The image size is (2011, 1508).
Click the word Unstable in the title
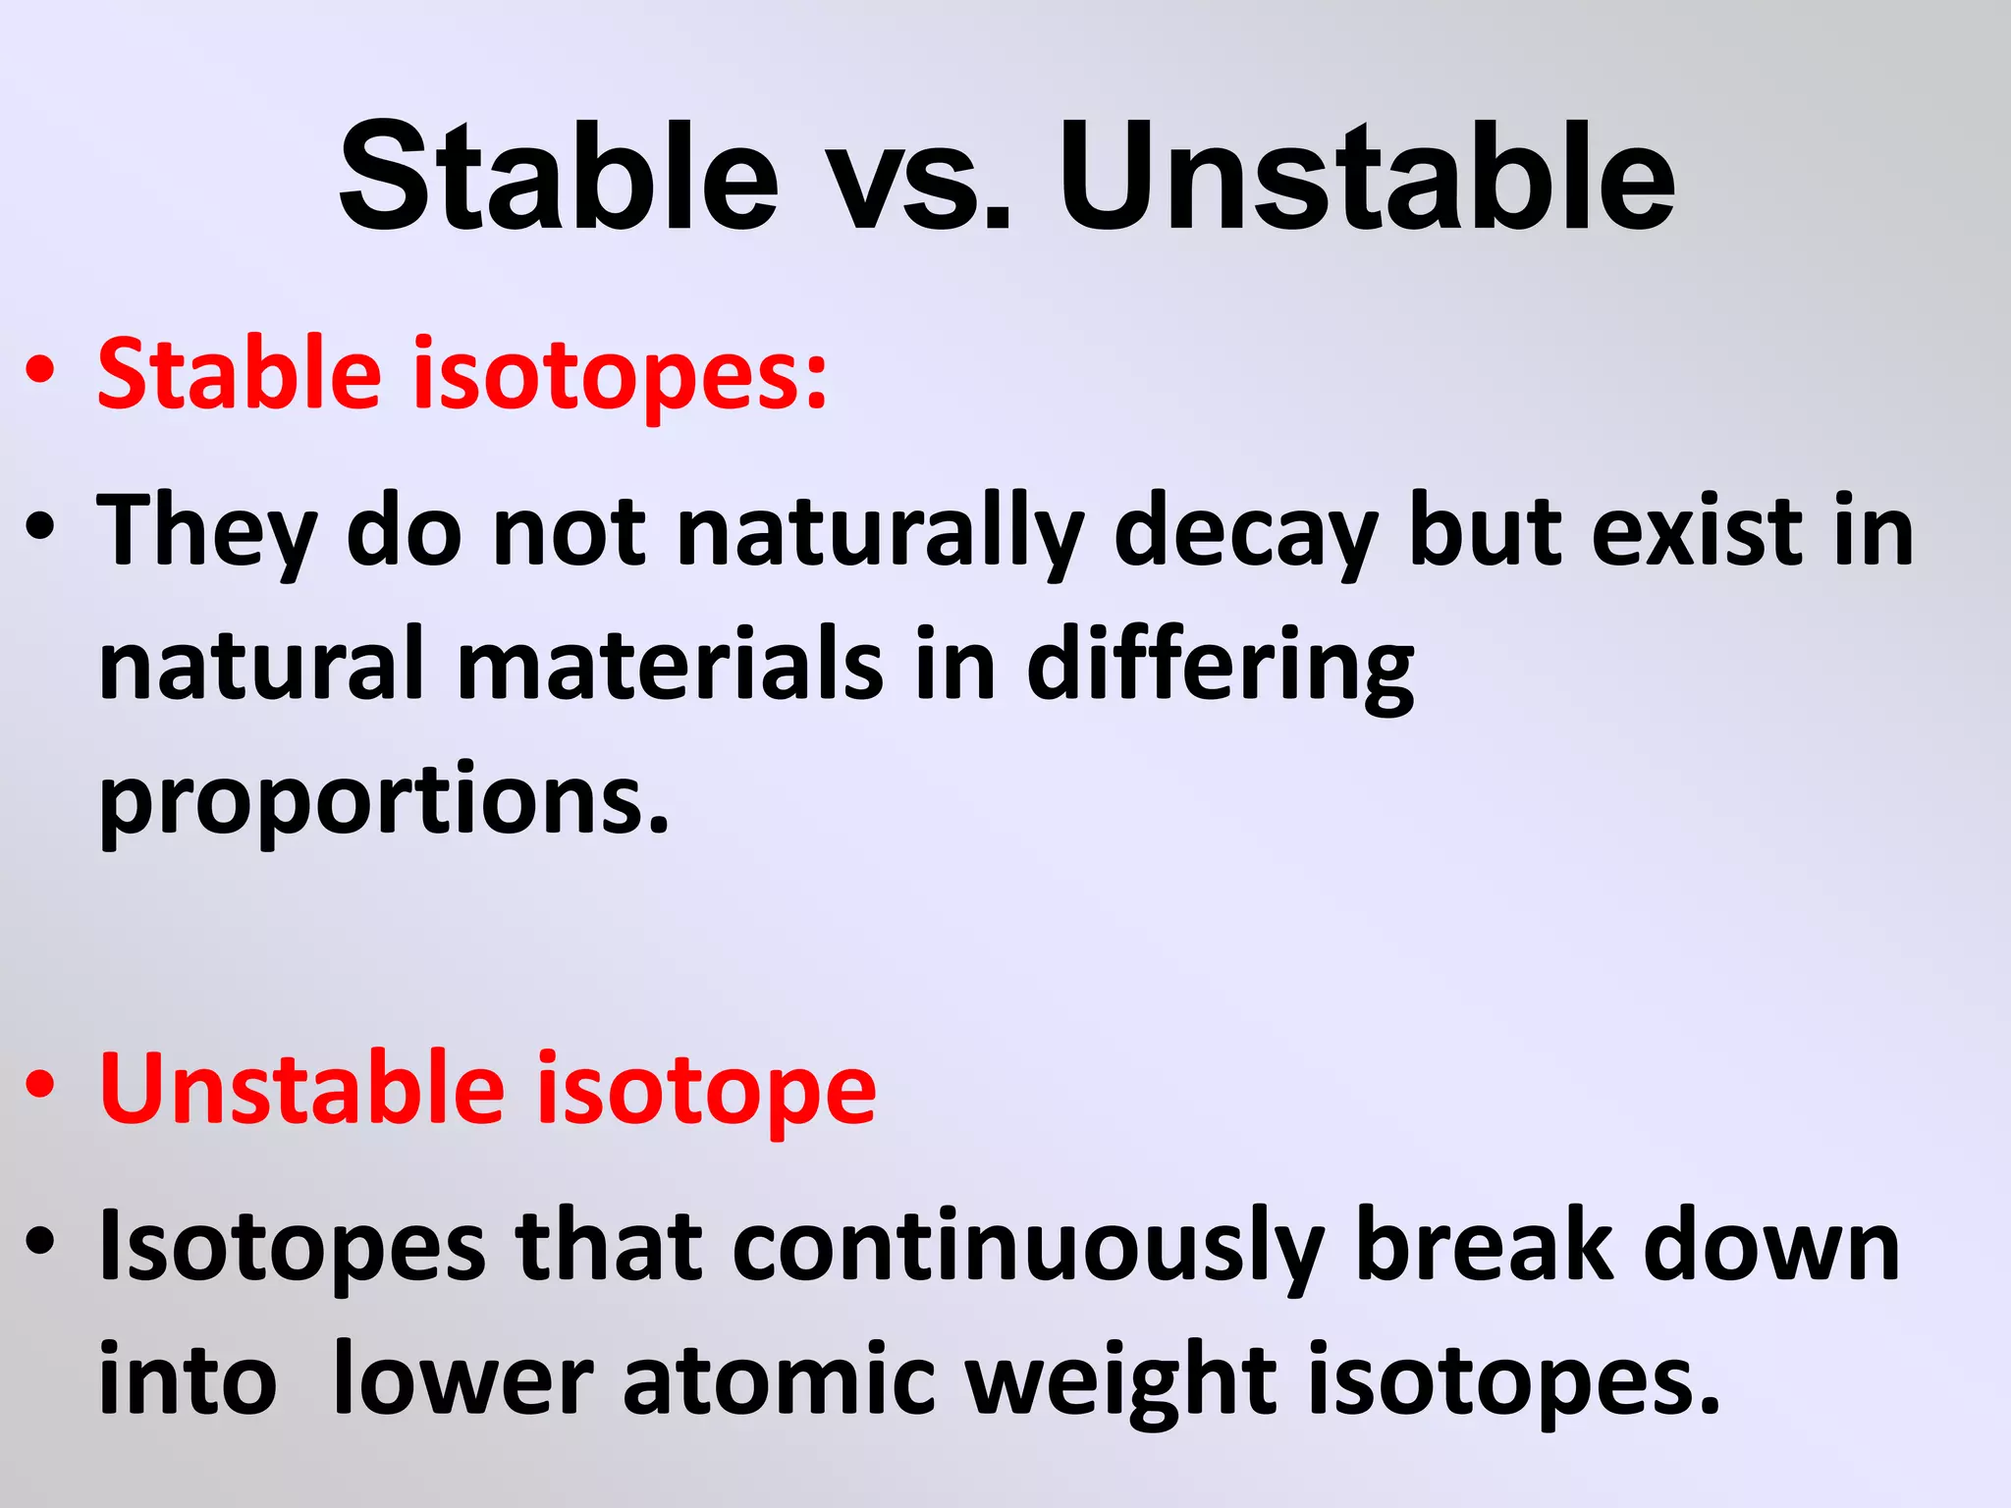click(1367, 177)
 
